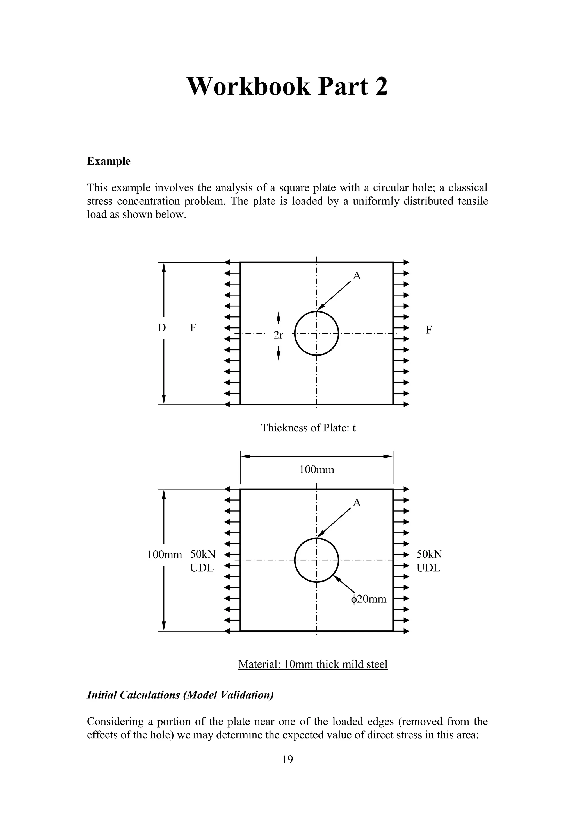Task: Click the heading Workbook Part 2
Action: pos(287,87)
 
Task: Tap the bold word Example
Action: pos(109,161)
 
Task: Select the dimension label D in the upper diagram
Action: pos(161,328)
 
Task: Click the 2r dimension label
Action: pos(278,335)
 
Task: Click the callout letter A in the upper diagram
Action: pos(357,276)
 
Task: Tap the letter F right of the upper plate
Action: pos(429,330)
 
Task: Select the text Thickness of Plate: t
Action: pos(308,428)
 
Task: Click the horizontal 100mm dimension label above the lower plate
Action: pos(316,470)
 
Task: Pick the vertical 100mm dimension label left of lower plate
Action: pos(165,555)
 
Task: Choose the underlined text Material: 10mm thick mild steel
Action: pos(313,664)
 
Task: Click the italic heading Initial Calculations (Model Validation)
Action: pos(180,695)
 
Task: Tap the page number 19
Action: pos(287,759)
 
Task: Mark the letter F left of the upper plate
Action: pos(193,328)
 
